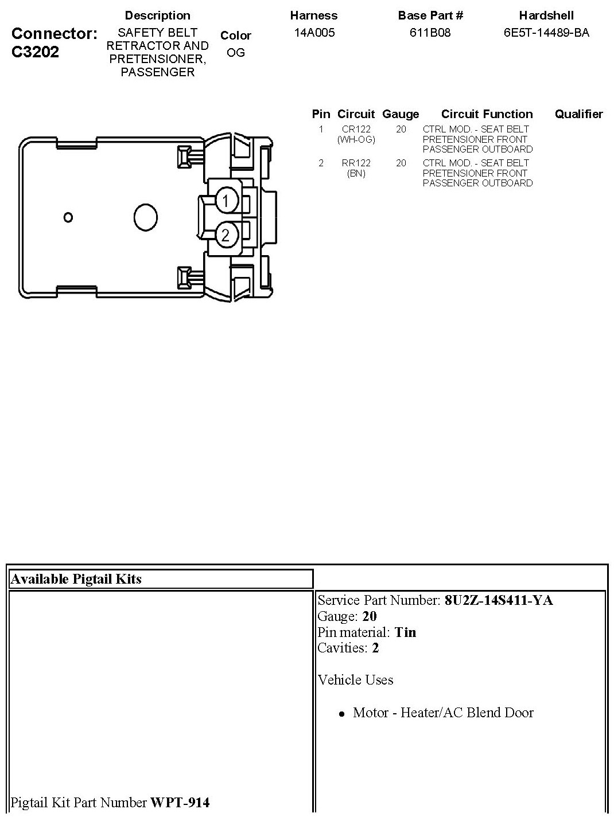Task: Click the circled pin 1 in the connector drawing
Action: click(226, 201)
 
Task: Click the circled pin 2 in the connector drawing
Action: click(226, 234)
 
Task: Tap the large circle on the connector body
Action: click(146, 217)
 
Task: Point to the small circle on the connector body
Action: click(68, 217)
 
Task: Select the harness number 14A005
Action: click(314, 33)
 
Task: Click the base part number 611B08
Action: click(430, 33)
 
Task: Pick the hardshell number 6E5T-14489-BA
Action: click(546, 33)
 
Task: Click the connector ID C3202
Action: click(35, 52)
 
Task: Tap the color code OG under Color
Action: click(236, 53)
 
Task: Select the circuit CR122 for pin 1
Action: click(356, 130)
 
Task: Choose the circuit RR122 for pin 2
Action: click(356, 163)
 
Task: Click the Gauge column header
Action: click(401, 114)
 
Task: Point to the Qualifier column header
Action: click(578, 114)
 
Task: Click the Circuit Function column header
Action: click(487, 114)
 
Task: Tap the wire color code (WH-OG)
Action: click(356, 139)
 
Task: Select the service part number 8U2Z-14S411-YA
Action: click(499, 600)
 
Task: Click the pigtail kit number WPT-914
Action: click(180, 803)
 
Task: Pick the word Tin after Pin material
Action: click(405, 632)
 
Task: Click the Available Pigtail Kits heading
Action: click(76, 579)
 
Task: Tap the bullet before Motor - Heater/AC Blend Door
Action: click(341, 714)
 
